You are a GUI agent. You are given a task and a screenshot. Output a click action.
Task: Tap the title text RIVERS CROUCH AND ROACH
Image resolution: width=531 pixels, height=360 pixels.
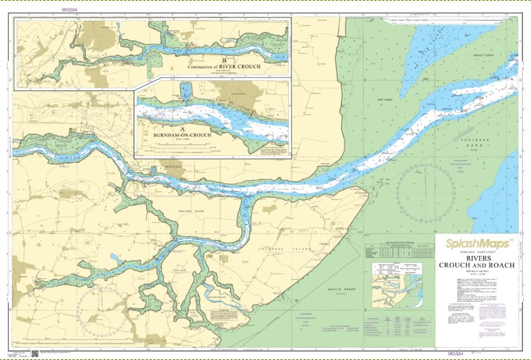(476, 261)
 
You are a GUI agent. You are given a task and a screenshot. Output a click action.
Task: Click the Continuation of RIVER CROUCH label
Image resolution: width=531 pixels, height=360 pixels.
(225, 66)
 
